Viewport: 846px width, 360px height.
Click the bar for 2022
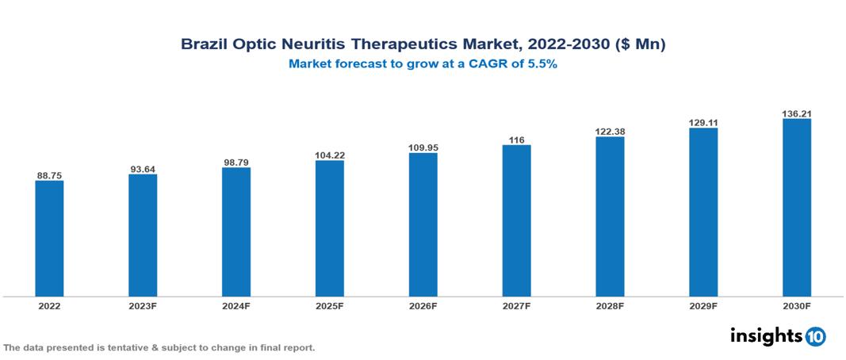(49, 239)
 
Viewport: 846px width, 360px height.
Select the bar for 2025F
(329, 228)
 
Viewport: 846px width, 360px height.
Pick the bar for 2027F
(516, 220)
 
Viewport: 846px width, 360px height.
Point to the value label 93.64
(143, 169)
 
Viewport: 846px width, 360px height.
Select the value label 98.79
(236, 162)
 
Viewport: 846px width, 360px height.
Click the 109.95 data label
(423, 147)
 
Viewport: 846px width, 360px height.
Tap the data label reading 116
(516, 140)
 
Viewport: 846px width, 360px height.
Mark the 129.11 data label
(703, 123)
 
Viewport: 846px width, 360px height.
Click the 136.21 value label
(796, 113)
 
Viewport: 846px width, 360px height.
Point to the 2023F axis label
(143, 305)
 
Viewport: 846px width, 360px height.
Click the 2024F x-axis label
(236, 305)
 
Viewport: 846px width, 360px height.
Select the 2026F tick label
(423, 305)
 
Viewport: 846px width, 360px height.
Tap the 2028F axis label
(610, 305)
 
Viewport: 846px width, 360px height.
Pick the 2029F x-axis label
(703, 305)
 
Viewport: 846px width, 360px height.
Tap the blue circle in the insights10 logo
(815, 336)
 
